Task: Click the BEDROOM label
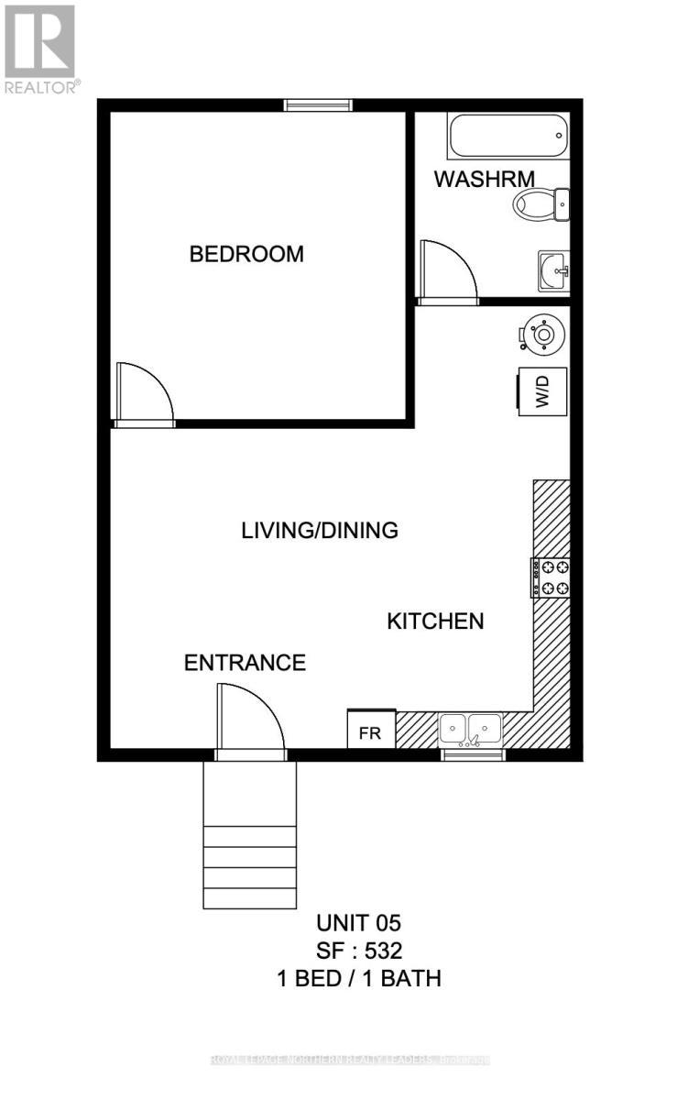[246, 254]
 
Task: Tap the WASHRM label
[484, 179]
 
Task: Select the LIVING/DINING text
[320, 530]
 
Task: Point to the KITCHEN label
[435, 621]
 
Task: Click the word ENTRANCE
[245, 663]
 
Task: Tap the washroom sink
[553, 270]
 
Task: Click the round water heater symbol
[542, 335]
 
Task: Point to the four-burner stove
[551, 577]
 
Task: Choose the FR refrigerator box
[370, 731]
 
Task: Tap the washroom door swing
[446, 270]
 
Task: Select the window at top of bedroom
[318, 105]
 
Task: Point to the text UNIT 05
[359, 923]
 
